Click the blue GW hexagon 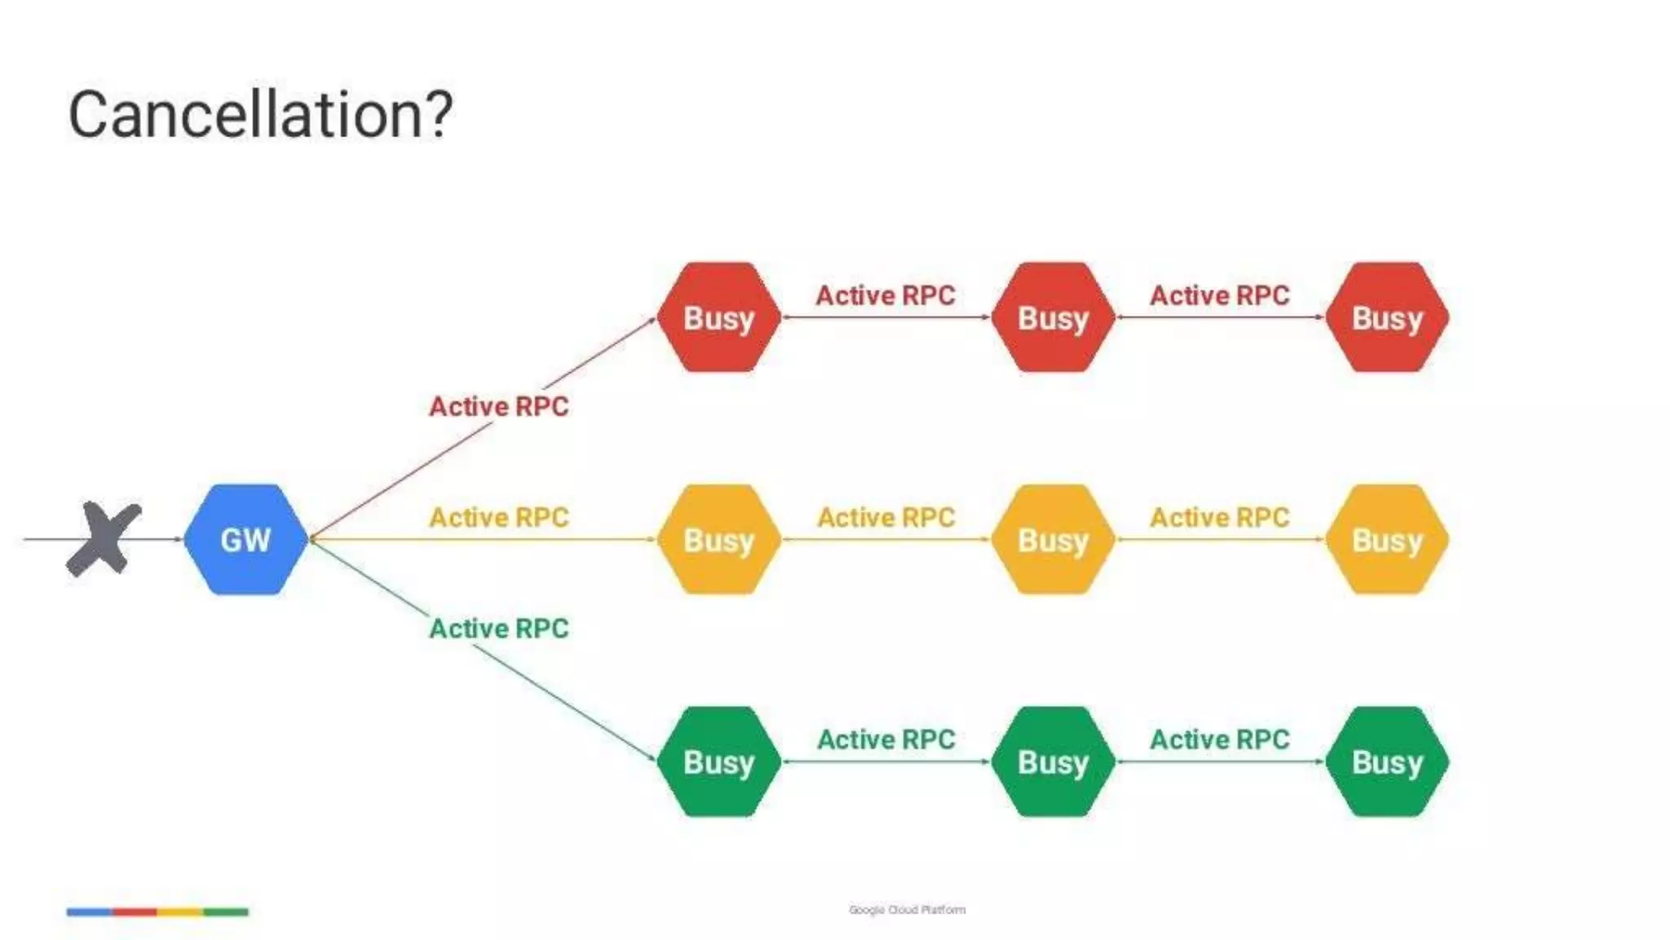[x=245, y=539]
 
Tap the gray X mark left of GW [x=104, y=539]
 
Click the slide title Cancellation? [x=260, y=114]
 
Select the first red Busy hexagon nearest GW [x=718, y=317]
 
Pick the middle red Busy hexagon [x=1053, y=317]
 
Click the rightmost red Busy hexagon [x=1387, y=317]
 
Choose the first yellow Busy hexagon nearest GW [x=718, y=539]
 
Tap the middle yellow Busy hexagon [x=1053, y=539]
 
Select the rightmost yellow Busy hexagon [x=1387, y=539]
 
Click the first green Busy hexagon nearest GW [x=718, y=761]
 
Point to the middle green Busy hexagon [x=1053, y=761]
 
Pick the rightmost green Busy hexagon [x=1387, y=761]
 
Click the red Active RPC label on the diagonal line [x=499, y=406]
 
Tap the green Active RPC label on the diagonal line [x=499, y=628]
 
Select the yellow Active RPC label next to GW [x=499, y=517]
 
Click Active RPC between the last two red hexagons [x=1220, y=295]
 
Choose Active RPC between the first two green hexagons [x=886, y=739]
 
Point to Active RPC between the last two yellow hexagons [x=1220, y=517]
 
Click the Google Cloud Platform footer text [x=907, y=910]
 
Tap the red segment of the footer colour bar [x=135, y=911]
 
